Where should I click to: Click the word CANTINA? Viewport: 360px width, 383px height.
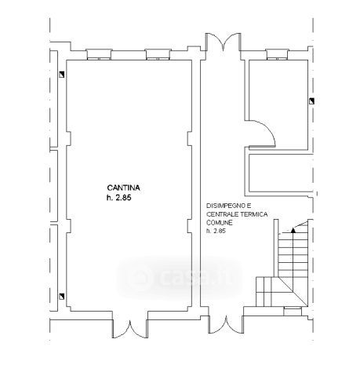123,188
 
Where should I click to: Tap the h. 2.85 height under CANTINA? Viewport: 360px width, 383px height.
118,198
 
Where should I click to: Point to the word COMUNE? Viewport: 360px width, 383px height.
216,223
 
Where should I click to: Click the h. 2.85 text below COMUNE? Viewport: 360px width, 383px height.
216,231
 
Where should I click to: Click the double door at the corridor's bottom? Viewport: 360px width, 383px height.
226,325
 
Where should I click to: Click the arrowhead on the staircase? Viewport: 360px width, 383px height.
293,230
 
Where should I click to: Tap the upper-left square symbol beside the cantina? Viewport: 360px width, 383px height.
61,75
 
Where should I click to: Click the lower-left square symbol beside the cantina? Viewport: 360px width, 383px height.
61,297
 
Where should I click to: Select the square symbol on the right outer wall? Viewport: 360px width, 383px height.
311,101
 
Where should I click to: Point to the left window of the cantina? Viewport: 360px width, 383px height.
99,54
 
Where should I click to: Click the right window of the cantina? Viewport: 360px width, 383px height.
158,54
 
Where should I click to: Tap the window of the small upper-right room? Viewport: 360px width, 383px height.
277,54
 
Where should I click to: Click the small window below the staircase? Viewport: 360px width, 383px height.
293,312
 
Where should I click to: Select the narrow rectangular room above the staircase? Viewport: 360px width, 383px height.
280,173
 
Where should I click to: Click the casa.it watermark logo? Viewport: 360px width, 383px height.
180,278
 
